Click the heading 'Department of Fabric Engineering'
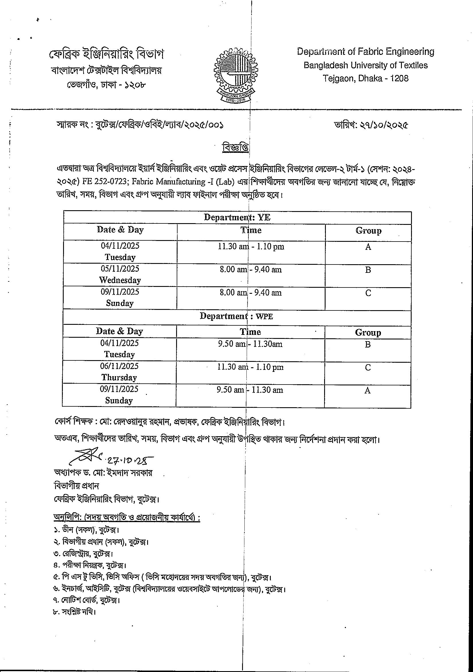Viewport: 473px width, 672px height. [x=365, y=52]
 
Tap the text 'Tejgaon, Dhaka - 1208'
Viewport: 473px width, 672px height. [x=365, y=78]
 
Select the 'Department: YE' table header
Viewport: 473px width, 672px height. [x=237, y=217]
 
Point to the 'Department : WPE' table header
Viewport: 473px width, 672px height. [x=236, y=316]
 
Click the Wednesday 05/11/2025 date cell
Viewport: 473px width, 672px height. [x=120, y=274]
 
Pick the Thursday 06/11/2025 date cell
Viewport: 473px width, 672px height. [x=119, y=372]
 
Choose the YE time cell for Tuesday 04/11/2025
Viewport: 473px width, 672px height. [x=251, y=246]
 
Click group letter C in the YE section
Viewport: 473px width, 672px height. [x=368, y=293]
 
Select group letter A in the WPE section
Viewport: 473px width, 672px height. [x=367, y=390]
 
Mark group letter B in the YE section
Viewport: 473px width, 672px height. [x=368, y=270]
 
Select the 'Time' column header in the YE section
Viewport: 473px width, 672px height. [x=251, y=230]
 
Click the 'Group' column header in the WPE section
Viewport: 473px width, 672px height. [x=368, y=333]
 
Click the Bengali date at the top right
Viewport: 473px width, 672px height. [x=371, y=125]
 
